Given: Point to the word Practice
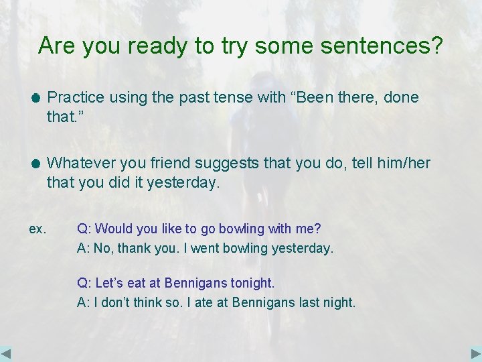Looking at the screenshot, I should (76, 97).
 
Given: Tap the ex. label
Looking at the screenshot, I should (37, 229).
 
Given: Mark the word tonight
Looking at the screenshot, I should (252, 283).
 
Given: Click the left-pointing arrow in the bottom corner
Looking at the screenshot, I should (7, 353).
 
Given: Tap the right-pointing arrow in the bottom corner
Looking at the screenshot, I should (475, 353).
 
